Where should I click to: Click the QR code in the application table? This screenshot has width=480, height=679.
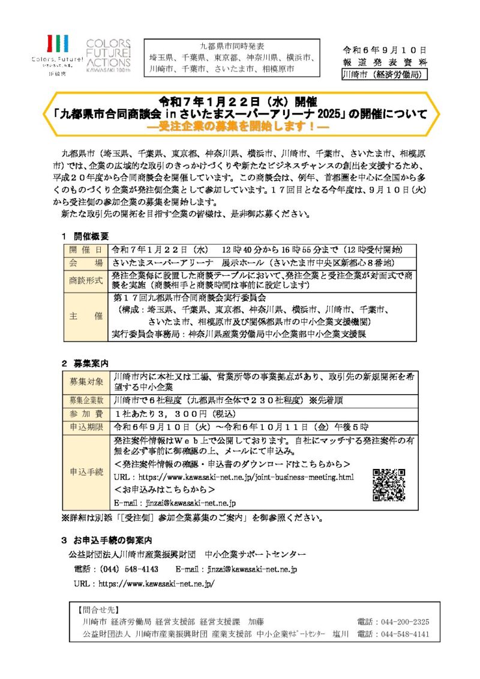tap(388, 484)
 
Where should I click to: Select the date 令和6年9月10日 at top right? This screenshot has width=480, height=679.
tap(385, 49)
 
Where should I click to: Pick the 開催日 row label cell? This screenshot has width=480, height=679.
tap(86, 250)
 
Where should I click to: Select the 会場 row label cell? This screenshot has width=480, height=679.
tap(86, 263)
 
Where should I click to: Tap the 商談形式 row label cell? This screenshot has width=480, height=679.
tap(86, 280)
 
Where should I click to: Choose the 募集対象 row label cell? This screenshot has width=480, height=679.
tap(86, 381)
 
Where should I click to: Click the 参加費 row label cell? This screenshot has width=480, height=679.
tap(86, 413)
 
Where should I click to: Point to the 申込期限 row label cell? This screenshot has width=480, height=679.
tap(86, 427)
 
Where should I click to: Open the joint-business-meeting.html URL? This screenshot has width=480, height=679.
tap(245, 477)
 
